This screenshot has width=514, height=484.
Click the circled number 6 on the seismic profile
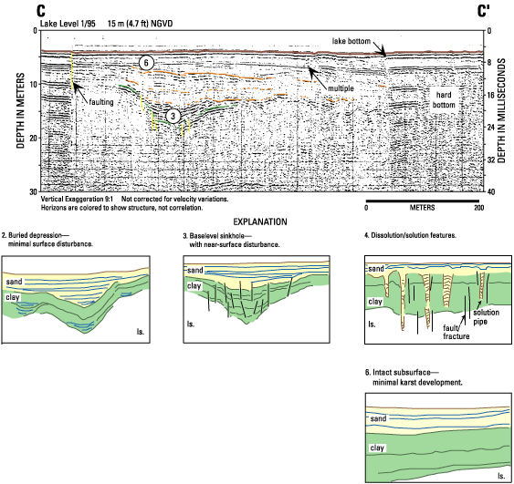point(146,63)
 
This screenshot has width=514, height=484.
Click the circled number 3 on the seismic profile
point(173,116)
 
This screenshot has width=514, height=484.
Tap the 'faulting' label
point(101,102)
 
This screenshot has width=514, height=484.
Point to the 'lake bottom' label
point(351,41)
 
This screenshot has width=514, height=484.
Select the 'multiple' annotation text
point(341,88)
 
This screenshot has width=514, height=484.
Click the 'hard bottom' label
point(444,100)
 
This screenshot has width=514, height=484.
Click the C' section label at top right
point(483,12)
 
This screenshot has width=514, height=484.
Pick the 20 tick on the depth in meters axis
point(34,138)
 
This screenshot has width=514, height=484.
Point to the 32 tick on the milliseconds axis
point(491,160)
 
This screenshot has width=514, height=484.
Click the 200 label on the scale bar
point(479,208)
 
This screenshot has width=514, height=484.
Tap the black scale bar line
point(422,201)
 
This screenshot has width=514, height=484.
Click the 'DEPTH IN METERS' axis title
point(21,110)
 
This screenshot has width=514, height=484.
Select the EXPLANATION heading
point(260,221)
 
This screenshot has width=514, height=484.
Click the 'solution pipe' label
point(486,317)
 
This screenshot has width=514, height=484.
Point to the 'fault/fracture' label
point(456,332)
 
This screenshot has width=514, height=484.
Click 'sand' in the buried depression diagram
point(14,282)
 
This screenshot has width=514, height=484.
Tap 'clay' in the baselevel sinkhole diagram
point(194,286)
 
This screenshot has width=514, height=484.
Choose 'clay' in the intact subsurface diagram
point(377,448)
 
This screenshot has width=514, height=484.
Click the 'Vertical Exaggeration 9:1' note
point(77,199)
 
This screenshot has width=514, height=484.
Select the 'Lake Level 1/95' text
point(68,24)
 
